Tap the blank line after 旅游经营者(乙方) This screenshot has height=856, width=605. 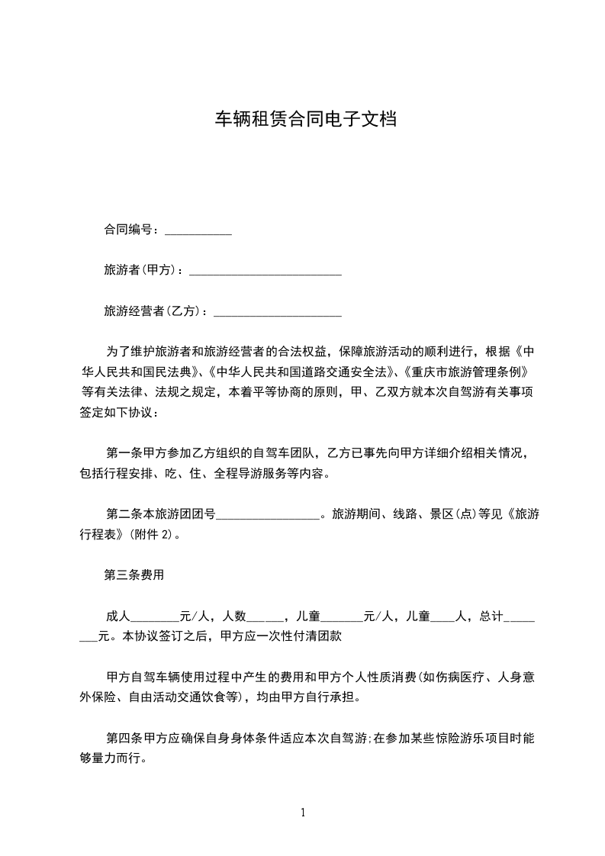[x=278, y=312]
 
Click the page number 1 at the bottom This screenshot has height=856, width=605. [x=303, y=813]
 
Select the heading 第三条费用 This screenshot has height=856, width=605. [x=134, y=575]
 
